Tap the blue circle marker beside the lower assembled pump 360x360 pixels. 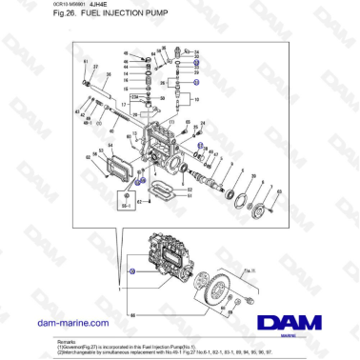[x=132, y=272]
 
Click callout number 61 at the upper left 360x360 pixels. [x=85, y=62]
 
